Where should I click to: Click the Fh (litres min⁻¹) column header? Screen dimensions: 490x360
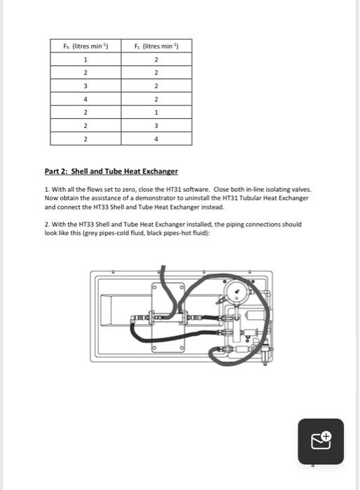pos(85,46)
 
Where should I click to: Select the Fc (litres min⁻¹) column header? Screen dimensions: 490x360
pos(156,46)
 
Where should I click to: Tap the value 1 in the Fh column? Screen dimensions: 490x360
pos(85,59)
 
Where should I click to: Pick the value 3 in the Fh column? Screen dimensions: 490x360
pos(85,86)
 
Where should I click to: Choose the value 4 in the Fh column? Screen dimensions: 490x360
pos(85,99)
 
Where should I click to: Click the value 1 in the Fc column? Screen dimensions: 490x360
pos(156,113)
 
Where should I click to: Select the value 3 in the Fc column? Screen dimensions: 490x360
pos(156,126)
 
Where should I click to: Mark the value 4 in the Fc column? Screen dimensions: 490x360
pos(156,139)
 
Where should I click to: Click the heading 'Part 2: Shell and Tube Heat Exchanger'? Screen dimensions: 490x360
pos(111,171)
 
